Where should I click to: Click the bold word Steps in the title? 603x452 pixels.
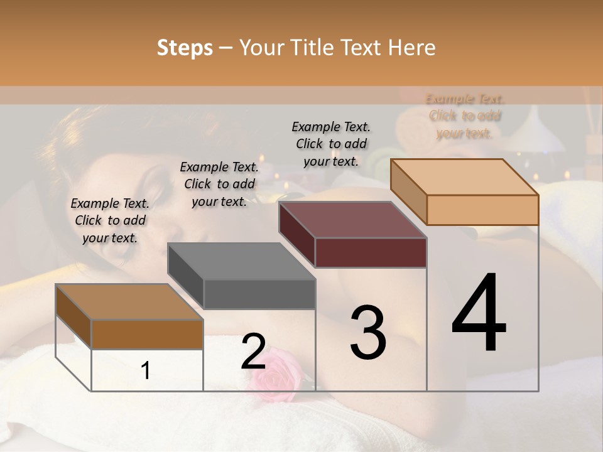point(185,48)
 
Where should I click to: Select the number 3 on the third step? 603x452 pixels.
point(368,332)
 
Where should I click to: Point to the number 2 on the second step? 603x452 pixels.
point(253,351)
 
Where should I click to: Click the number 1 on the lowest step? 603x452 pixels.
point(146,370)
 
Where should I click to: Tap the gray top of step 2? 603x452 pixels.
point(241,261)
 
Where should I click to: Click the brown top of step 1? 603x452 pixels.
point(129,302)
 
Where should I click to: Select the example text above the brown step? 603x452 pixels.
point(110,220)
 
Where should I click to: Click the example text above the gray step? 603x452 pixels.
point(219,184)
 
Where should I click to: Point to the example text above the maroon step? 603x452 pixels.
point(331,144)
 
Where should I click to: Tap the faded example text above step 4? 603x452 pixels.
point(465,116)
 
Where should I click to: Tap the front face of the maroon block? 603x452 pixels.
point(371,253)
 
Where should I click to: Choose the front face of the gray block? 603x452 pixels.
point(259,294)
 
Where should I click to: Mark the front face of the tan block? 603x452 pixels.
point(482,210)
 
